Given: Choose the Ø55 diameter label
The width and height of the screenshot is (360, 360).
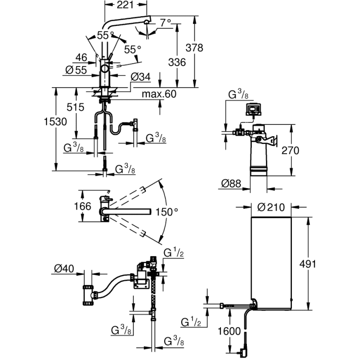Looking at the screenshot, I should (x=75, y=70).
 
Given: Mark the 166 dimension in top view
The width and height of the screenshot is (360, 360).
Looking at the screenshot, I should (x=82, y=206).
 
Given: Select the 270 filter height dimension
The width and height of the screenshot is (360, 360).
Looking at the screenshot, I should (x=290, y=151).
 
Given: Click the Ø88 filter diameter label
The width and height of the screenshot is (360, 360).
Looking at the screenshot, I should (x=231, y=184).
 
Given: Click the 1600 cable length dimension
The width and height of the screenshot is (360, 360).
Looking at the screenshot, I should (x=229, y=332).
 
